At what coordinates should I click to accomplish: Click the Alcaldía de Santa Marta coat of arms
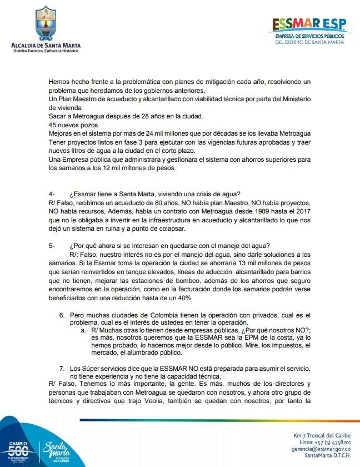pyautogui.click(x=45, y=23)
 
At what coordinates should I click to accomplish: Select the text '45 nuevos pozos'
pyautogui.click(x=72, y=125)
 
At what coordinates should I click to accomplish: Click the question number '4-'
pyautogui.click(x=52, y=193)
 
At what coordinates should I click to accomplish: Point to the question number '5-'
pyautogui.click(x=52, y=246)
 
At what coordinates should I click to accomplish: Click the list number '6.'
pyautogui.click(x=62, y=315)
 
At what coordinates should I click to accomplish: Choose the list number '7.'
pyautogui.click(x=62, y=368)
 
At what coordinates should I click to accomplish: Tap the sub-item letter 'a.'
pyautogui.click(x=84, y=330)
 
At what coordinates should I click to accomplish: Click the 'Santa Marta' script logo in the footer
pyautogui.click(x=57, y=449)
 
